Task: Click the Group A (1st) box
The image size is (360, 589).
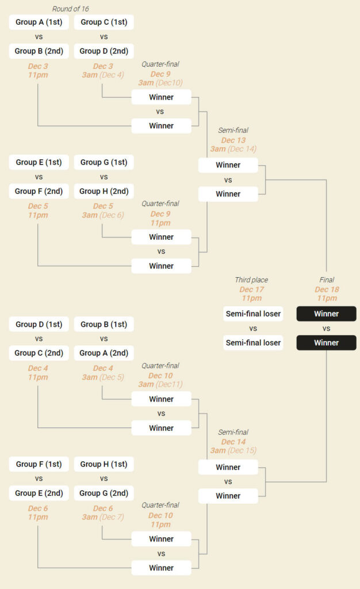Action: tap(39, 22)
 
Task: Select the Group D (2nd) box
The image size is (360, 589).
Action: tap(104, 51)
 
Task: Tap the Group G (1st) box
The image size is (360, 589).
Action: tap(104, 162)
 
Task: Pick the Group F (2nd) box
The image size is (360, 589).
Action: tap(39, 191)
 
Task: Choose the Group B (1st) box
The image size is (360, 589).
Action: tap(104, 324)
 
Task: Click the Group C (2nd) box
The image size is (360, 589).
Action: tap(39, 353)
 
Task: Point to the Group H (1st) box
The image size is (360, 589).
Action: tap(104, 464)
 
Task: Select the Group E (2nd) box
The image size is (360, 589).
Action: tap(39, 493)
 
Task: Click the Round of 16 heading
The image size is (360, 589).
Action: tap(71, 9)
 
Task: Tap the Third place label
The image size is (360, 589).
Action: tap(251, 280)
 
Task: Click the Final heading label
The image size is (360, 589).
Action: tap(327, 280)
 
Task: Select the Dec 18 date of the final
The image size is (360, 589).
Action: tap(327, 289)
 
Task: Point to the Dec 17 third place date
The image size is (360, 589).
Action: tap(251, 289)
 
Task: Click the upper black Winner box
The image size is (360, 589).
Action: tap(327, 313)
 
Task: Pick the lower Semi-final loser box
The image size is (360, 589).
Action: tap(253, 343)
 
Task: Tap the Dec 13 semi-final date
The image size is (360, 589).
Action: tap(233, 140)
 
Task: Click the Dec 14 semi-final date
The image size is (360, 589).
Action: tap(233, 442)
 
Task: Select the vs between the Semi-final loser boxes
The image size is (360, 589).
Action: tap(253, 328)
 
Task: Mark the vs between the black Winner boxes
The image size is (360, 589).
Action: tap(327, 328)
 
